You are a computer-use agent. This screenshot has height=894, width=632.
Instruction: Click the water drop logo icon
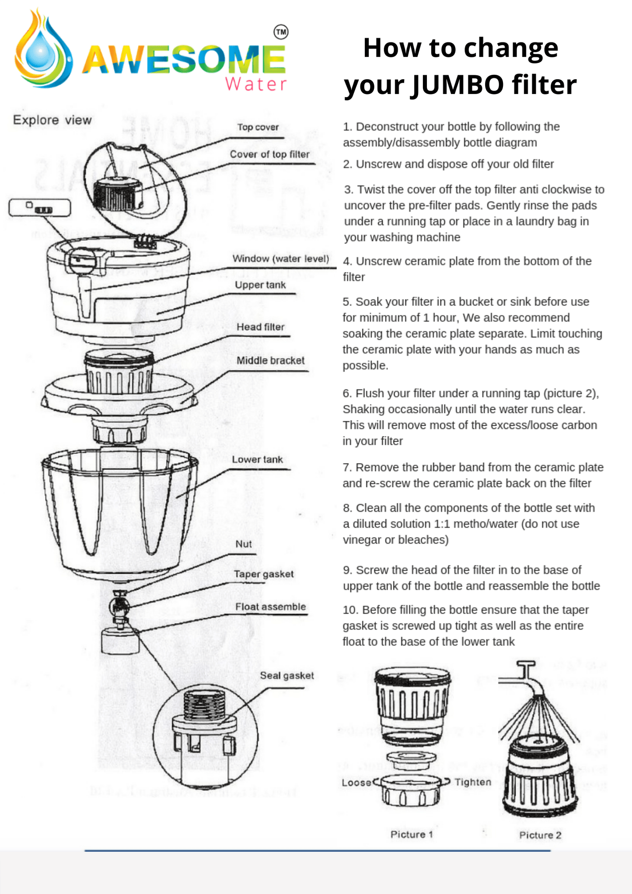pos(42,50)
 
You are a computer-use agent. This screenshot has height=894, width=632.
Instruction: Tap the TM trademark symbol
pos(281,32)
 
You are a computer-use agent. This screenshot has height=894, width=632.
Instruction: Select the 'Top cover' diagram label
pos(258,127)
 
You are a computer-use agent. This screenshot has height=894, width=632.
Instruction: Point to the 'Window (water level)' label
pos(280,258)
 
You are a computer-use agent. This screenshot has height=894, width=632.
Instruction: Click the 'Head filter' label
pos(260,327)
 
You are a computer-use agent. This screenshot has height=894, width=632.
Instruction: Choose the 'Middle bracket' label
pos(270,360)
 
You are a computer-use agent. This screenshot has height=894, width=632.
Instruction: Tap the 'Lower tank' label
pos(257,459)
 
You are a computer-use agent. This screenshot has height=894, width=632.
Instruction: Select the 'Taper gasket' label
pos(263,574)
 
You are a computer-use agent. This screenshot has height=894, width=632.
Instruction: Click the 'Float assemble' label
pos(270,607)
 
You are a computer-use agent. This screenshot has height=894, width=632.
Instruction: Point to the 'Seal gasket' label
pos(286,675)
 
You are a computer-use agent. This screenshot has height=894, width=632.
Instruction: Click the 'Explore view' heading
pos(52,120)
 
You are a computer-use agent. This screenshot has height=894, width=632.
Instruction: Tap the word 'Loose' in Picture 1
pos(356,782)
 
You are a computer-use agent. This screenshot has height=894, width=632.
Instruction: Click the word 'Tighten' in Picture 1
pos(473,782)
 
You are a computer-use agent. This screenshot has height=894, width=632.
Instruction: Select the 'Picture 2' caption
pos(540,835)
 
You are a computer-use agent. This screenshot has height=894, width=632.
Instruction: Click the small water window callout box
pos(40,208)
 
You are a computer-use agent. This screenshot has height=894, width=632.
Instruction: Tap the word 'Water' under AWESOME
pos(256,84)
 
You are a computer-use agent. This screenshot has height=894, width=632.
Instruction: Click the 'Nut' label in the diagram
pos(244,544)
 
